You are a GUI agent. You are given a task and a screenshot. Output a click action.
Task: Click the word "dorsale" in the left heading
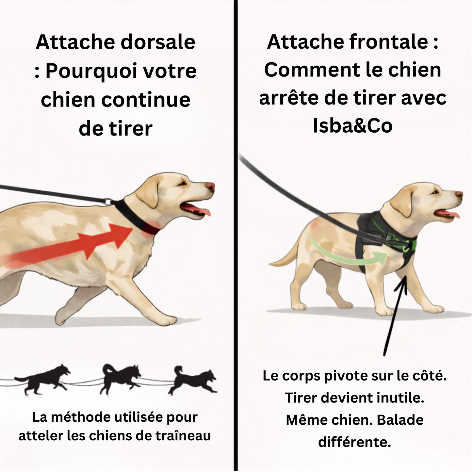[x=158, y=42]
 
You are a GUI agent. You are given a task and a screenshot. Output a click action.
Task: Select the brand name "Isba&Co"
[x=353, y=126]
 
